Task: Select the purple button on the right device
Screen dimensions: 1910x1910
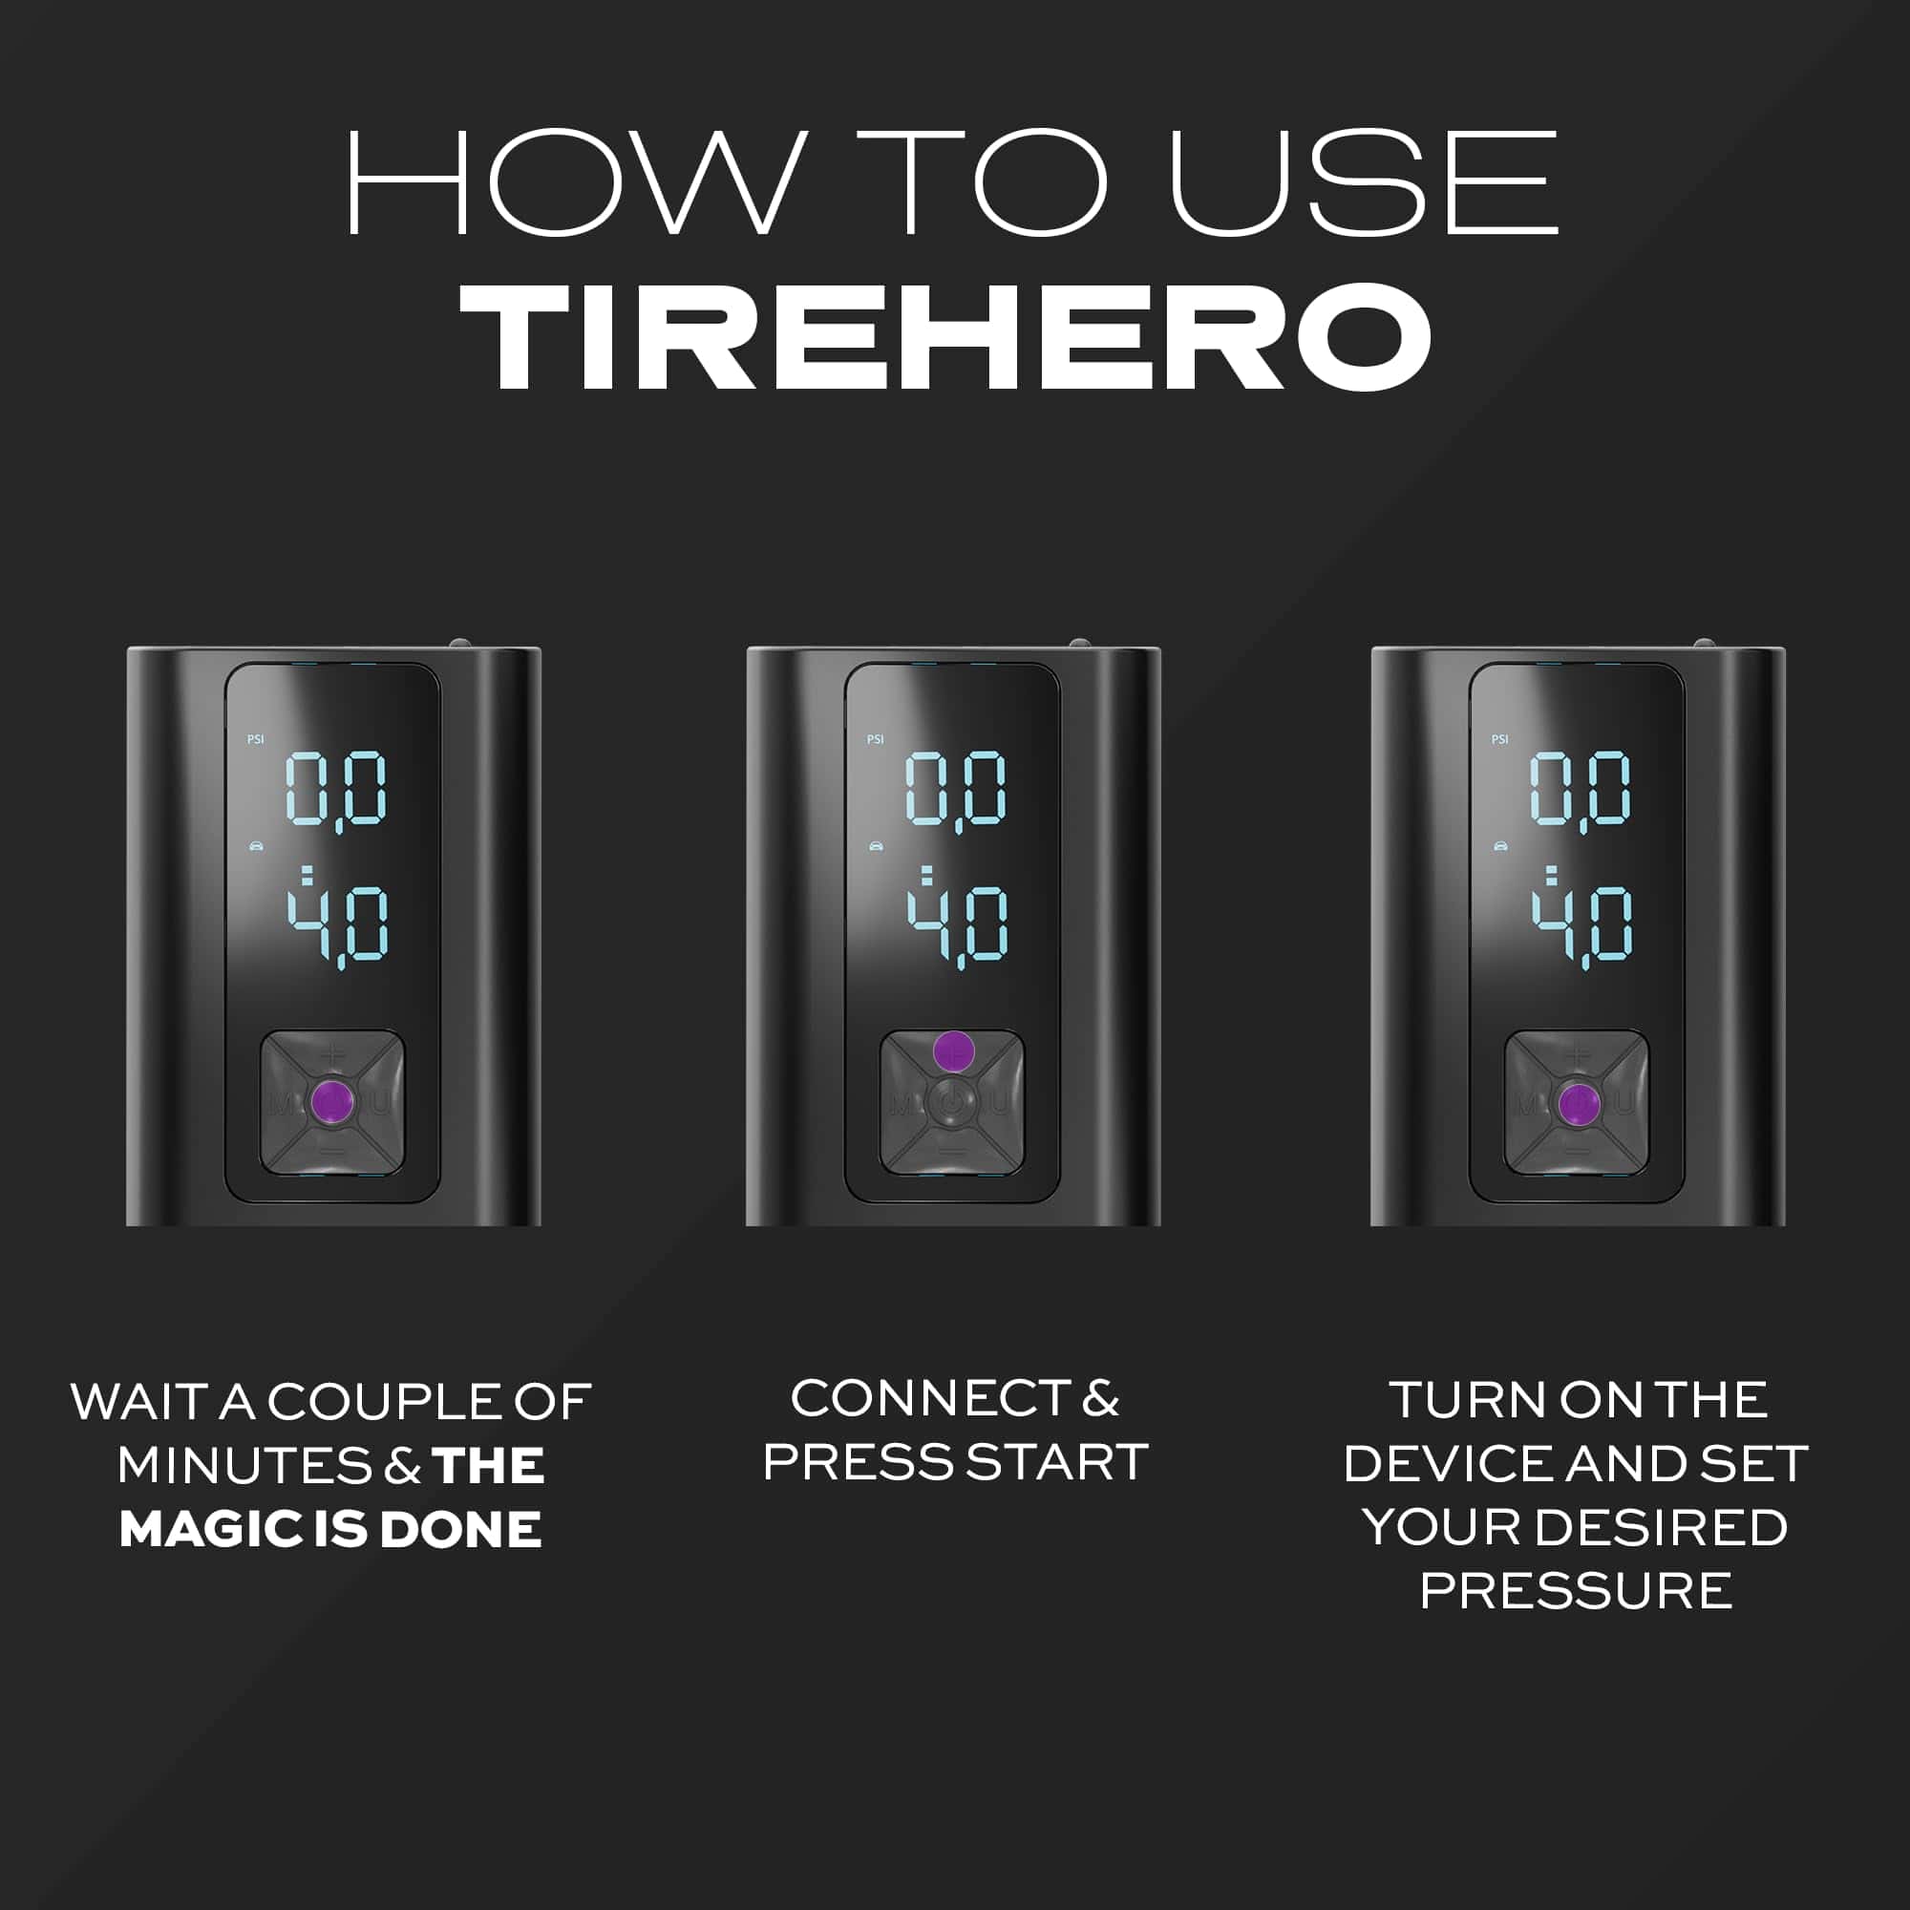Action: [1578, 1104]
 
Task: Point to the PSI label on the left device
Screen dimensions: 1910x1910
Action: [255, 739]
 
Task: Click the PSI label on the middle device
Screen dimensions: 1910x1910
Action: [875, 739]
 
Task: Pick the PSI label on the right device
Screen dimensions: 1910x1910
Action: [1499, 739]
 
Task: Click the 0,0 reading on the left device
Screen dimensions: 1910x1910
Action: [337, 791]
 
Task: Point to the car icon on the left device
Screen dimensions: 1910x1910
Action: [257, 846]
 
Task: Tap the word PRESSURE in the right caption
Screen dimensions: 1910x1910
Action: [1576, 1591]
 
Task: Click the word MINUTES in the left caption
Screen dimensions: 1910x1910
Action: [243, 1465]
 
